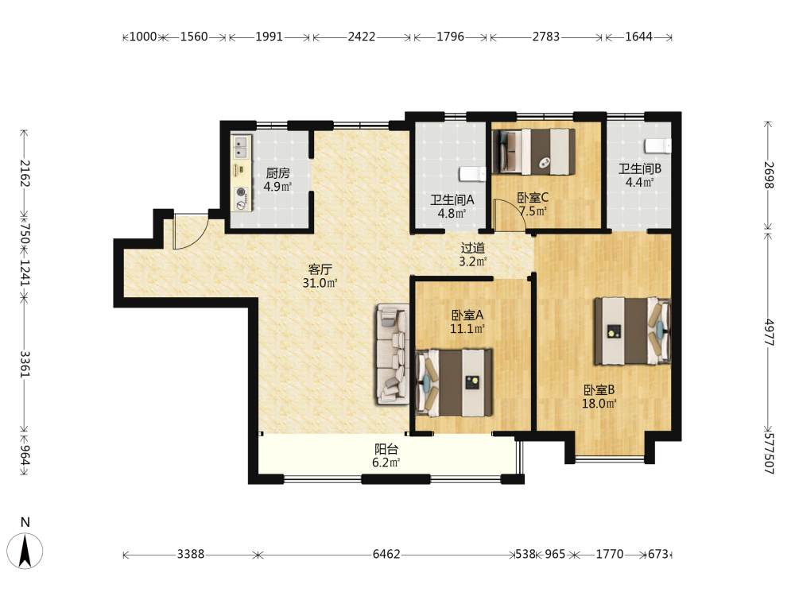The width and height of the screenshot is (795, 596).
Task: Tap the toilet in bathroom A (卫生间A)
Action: pos(472,174)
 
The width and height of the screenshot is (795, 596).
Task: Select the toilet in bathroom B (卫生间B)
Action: pos(658,146)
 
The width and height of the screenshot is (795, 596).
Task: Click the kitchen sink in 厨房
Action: pos(242,147)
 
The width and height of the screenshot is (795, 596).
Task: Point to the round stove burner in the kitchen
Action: pos(242,192)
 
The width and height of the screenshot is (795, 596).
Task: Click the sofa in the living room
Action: pos(393,354)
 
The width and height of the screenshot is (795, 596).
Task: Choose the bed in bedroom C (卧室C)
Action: pos(534,152)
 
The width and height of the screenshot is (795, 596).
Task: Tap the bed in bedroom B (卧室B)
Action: pos(633,331)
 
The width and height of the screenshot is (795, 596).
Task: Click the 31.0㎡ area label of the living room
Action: pos(320,283)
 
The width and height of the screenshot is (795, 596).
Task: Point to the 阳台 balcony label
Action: pos(386,448)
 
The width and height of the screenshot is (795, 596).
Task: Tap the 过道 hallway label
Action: pos(472,248)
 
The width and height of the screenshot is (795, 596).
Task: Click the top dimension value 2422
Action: pos(362,37)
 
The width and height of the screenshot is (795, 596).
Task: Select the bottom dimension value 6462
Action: pos(386,554)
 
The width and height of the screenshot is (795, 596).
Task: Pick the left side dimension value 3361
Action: pos(25,364)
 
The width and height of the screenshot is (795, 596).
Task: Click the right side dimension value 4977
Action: pos(769,332)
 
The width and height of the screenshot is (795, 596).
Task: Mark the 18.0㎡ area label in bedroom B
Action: pos(599,404)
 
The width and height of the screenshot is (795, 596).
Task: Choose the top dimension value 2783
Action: pos(546,37)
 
